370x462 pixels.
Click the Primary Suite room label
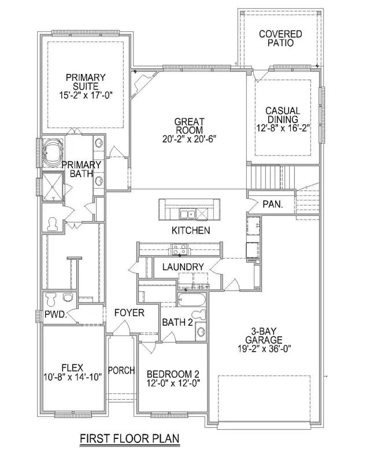point(86,81)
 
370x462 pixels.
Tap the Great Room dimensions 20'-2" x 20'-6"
point(189,139)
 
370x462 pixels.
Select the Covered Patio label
point(280,38)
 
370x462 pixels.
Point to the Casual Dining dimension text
point(283,128)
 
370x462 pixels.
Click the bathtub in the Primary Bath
point(53,152)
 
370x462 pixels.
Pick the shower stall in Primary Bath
point(53,187)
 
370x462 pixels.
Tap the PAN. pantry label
point(273,204)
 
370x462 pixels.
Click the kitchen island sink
point(187,214)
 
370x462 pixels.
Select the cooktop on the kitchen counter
point(179,249)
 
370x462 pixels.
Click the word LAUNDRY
point(183,267)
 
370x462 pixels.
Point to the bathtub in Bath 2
point(192,300)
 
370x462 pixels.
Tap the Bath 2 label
point(177,322)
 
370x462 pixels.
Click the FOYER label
point(129,312)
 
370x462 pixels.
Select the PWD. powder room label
point(56,314)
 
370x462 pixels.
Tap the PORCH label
point(121,370)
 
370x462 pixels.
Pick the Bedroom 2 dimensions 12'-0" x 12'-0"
point(173,383)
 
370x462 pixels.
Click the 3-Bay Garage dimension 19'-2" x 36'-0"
point(264,349)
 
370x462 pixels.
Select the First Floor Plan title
point(129,439)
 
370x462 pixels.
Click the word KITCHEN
point(191,230)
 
